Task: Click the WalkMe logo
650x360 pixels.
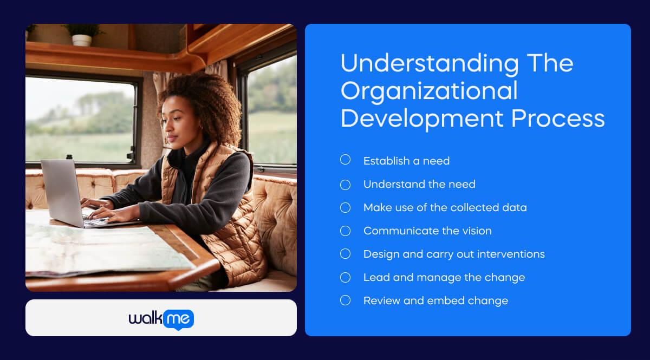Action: point(161,319)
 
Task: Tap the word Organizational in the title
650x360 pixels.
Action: point(429,90)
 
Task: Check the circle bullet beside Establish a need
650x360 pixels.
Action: point(345,160)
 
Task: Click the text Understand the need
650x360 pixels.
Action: point(419,184)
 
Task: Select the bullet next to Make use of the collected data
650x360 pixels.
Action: point(345,207)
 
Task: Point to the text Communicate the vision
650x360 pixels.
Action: point(427,231)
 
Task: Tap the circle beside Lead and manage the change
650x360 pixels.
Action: point(345,277)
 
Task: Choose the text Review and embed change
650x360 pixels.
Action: point(435,300)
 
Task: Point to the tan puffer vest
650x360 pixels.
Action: point(233,227)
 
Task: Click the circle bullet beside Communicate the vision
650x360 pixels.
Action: point(345,231)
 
